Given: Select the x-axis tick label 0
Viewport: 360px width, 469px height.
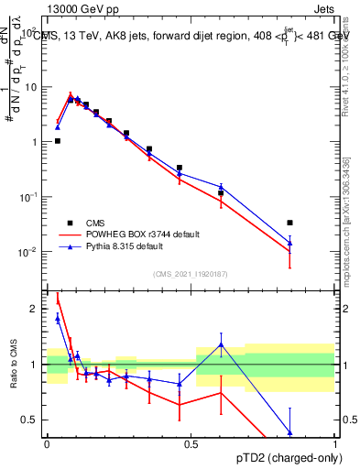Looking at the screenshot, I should point(47,444).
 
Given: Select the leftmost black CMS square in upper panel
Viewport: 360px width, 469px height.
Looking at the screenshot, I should point(58,141).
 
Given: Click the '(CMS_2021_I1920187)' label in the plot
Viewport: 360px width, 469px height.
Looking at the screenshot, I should point(191,273).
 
